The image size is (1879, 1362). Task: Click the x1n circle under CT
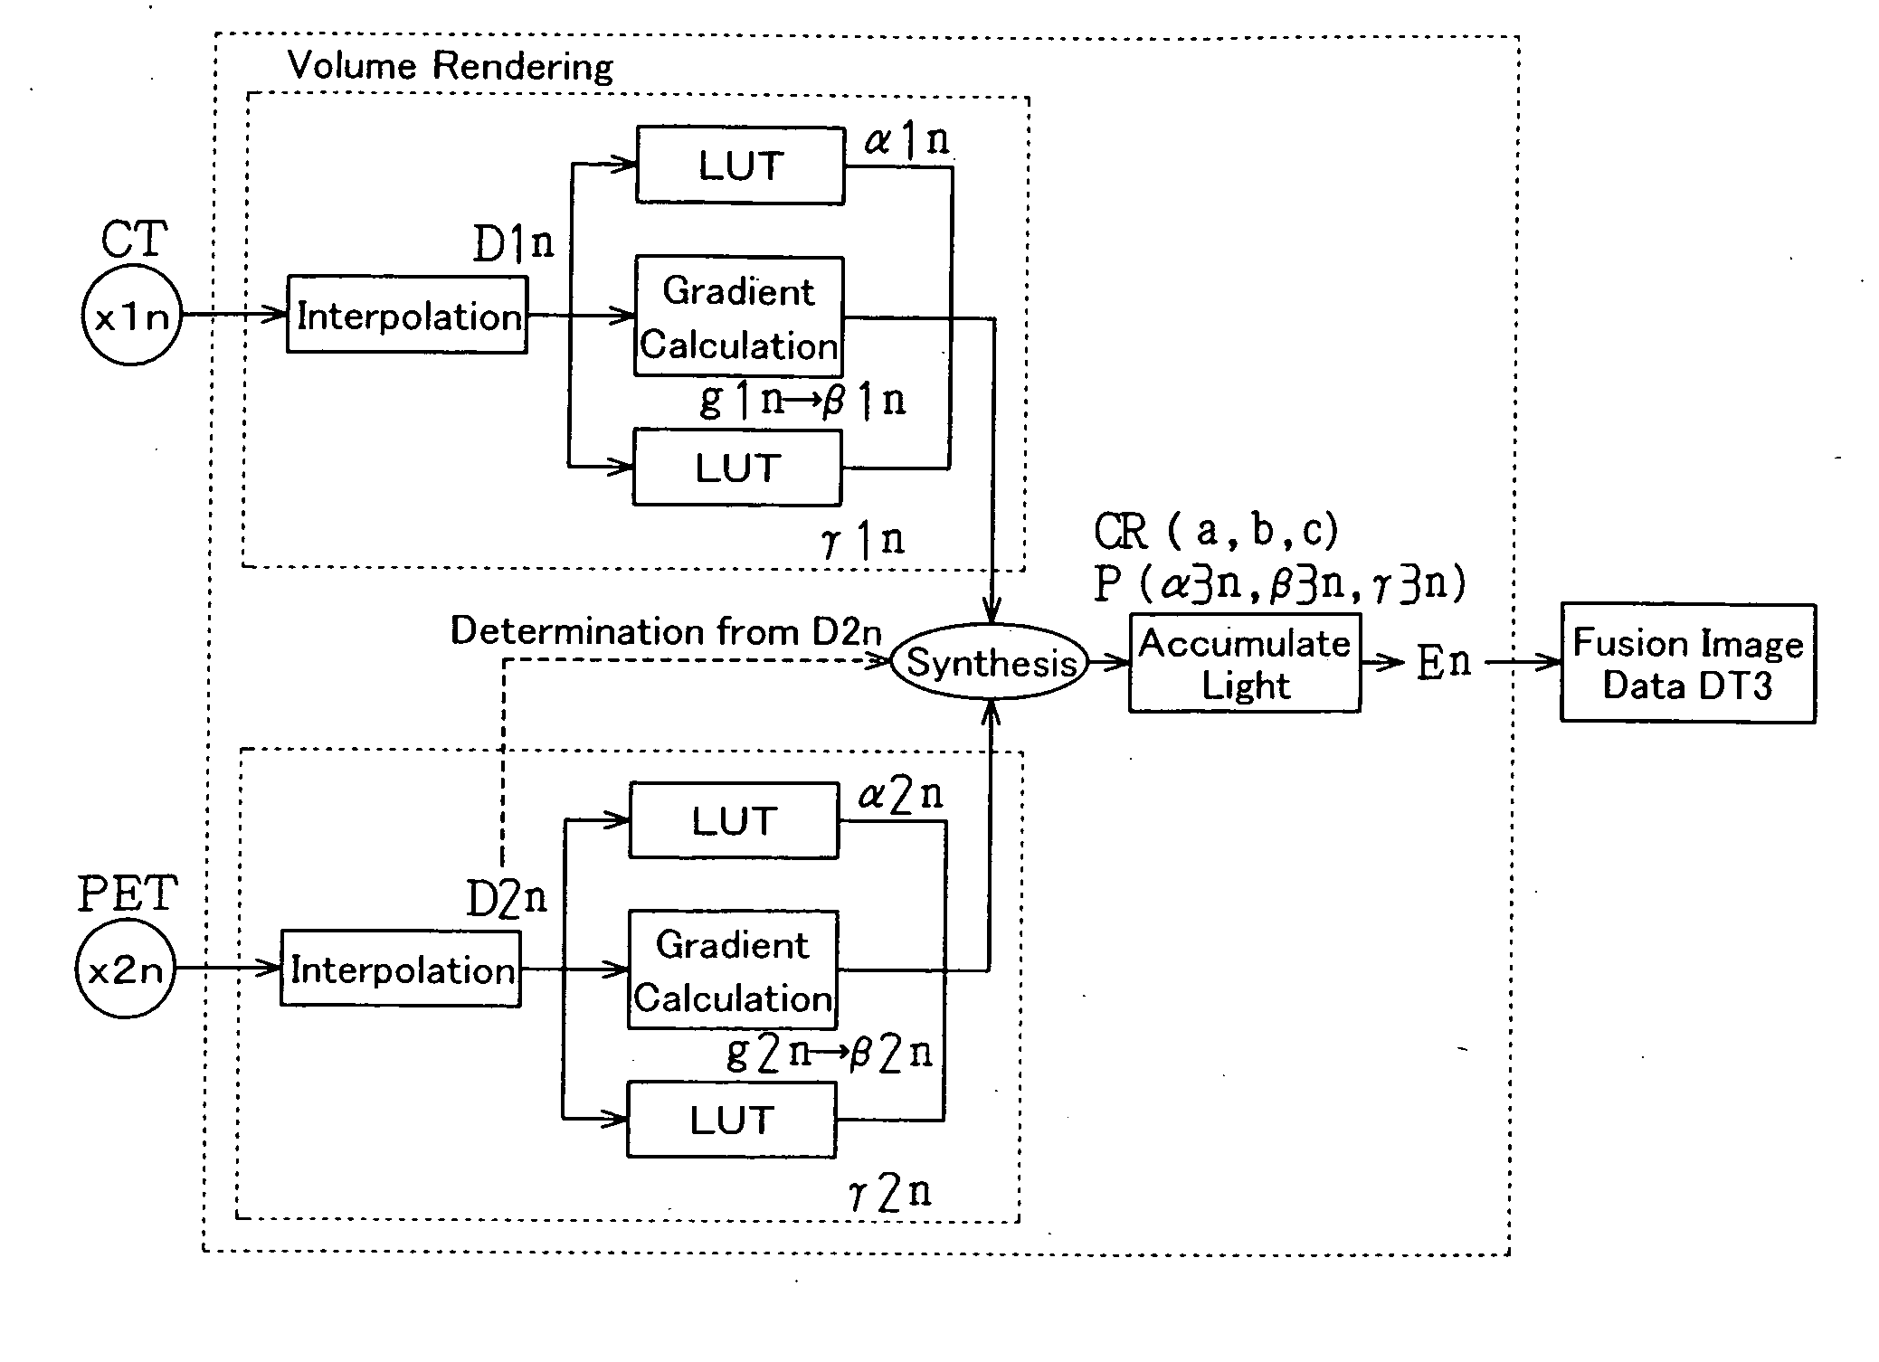132,317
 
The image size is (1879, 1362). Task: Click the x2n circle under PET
125,969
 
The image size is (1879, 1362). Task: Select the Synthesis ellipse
991,662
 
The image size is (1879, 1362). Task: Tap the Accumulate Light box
1244,664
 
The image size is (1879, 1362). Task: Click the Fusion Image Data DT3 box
1687,663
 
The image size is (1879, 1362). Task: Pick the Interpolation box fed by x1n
407,316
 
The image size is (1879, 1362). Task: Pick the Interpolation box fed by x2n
401,969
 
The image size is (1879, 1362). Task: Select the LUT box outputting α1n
740,166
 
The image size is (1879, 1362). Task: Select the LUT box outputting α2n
734,820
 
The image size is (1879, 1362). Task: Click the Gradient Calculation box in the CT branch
739,317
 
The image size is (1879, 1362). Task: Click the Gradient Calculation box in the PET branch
733,970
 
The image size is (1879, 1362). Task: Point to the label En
1443,662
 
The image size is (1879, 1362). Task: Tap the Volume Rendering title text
450,66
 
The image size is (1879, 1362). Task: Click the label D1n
513,242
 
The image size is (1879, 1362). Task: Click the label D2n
507,898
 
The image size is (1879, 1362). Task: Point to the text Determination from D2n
666,630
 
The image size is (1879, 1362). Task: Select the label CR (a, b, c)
1216,531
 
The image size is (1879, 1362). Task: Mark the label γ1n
863,540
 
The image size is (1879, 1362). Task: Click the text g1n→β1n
802,399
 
